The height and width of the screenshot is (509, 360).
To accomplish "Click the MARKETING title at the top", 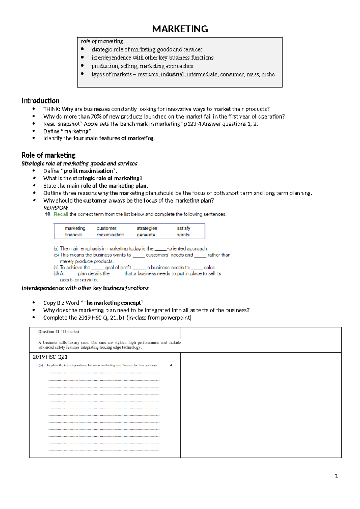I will tap(180, 29).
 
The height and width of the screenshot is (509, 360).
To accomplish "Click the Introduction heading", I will tap(40, 101).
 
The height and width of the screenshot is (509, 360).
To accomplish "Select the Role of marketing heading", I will tap(49, 155).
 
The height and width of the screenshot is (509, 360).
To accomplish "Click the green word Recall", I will tap(61, 214).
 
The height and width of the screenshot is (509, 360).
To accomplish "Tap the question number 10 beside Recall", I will tap(48, 214).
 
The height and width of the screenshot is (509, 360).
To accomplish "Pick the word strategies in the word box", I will tap(147, 228).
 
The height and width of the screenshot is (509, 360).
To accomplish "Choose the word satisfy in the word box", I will tap(184, 228).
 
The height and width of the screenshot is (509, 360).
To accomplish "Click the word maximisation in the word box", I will tap(110, 235).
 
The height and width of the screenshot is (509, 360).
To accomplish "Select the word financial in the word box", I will tap(73, 235).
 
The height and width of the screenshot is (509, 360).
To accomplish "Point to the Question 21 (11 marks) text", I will tap(58, 332).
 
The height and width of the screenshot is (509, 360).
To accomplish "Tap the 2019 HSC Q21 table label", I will tap(50, 357).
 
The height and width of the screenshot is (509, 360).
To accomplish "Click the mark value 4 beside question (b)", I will tap(171, 365).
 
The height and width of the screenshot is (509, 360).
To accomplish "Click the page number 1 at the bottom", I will tap(336, 476).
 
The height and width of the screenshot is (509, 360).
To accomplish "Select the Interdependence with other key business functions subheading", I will tap(85, 288).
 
